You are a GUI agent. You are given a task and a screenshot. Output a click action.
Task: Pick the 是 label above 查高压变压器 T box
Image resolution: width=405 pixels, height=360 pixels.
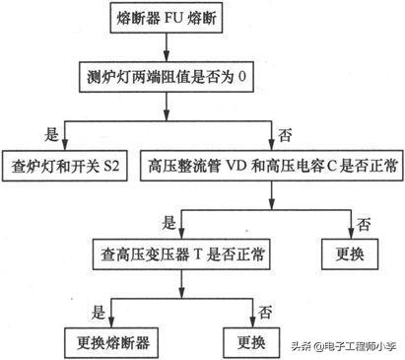[x=169, y=223]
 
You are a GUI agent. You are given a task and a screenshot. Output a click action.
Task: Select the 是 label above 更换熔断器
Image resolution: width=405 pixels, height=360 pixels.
[x=98, y=312]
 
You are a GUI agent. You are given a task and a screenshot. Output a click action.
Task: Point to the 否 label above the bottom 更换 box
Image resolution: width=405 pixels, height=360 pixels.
[x=263, y=312]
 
